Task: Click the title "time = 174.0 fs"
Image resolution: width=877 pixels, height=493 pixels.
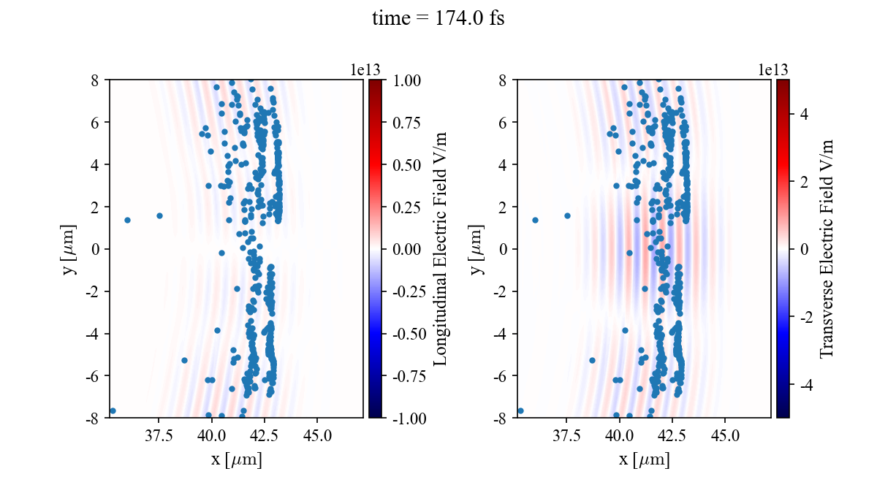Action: point(438,18)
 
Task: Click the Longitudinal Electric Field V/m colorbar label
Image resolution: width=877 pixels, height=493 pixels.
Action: point(441,248)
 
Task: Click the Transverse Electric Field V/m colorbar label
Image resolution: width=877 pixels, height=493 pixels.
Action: point(827,248)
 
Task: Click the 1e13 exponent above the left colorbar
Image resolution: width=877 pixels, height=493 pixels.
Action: point(365,70)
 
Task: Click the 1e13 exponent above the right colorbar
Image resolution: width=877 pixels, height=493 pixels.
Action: point(773,70)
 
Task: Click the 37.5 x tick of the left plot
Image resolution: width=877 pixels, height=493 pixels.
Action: point(159,437)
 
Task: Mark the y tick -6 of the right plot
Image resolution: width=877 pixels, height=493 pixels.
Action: point(504,376)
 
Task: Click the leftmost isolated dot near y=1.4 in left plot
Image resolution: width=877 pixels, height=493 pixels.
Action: point(127,220)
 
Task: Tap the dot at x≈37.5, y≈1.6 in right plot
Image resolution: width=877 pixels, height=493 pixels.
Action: point(567,215)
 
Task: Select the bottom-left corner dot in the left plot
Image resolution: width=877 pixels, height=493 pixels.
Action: point(113,411)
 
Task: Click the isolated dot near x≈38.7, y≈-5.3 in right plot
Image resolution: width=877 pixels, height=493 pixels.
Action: point(592,360)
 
